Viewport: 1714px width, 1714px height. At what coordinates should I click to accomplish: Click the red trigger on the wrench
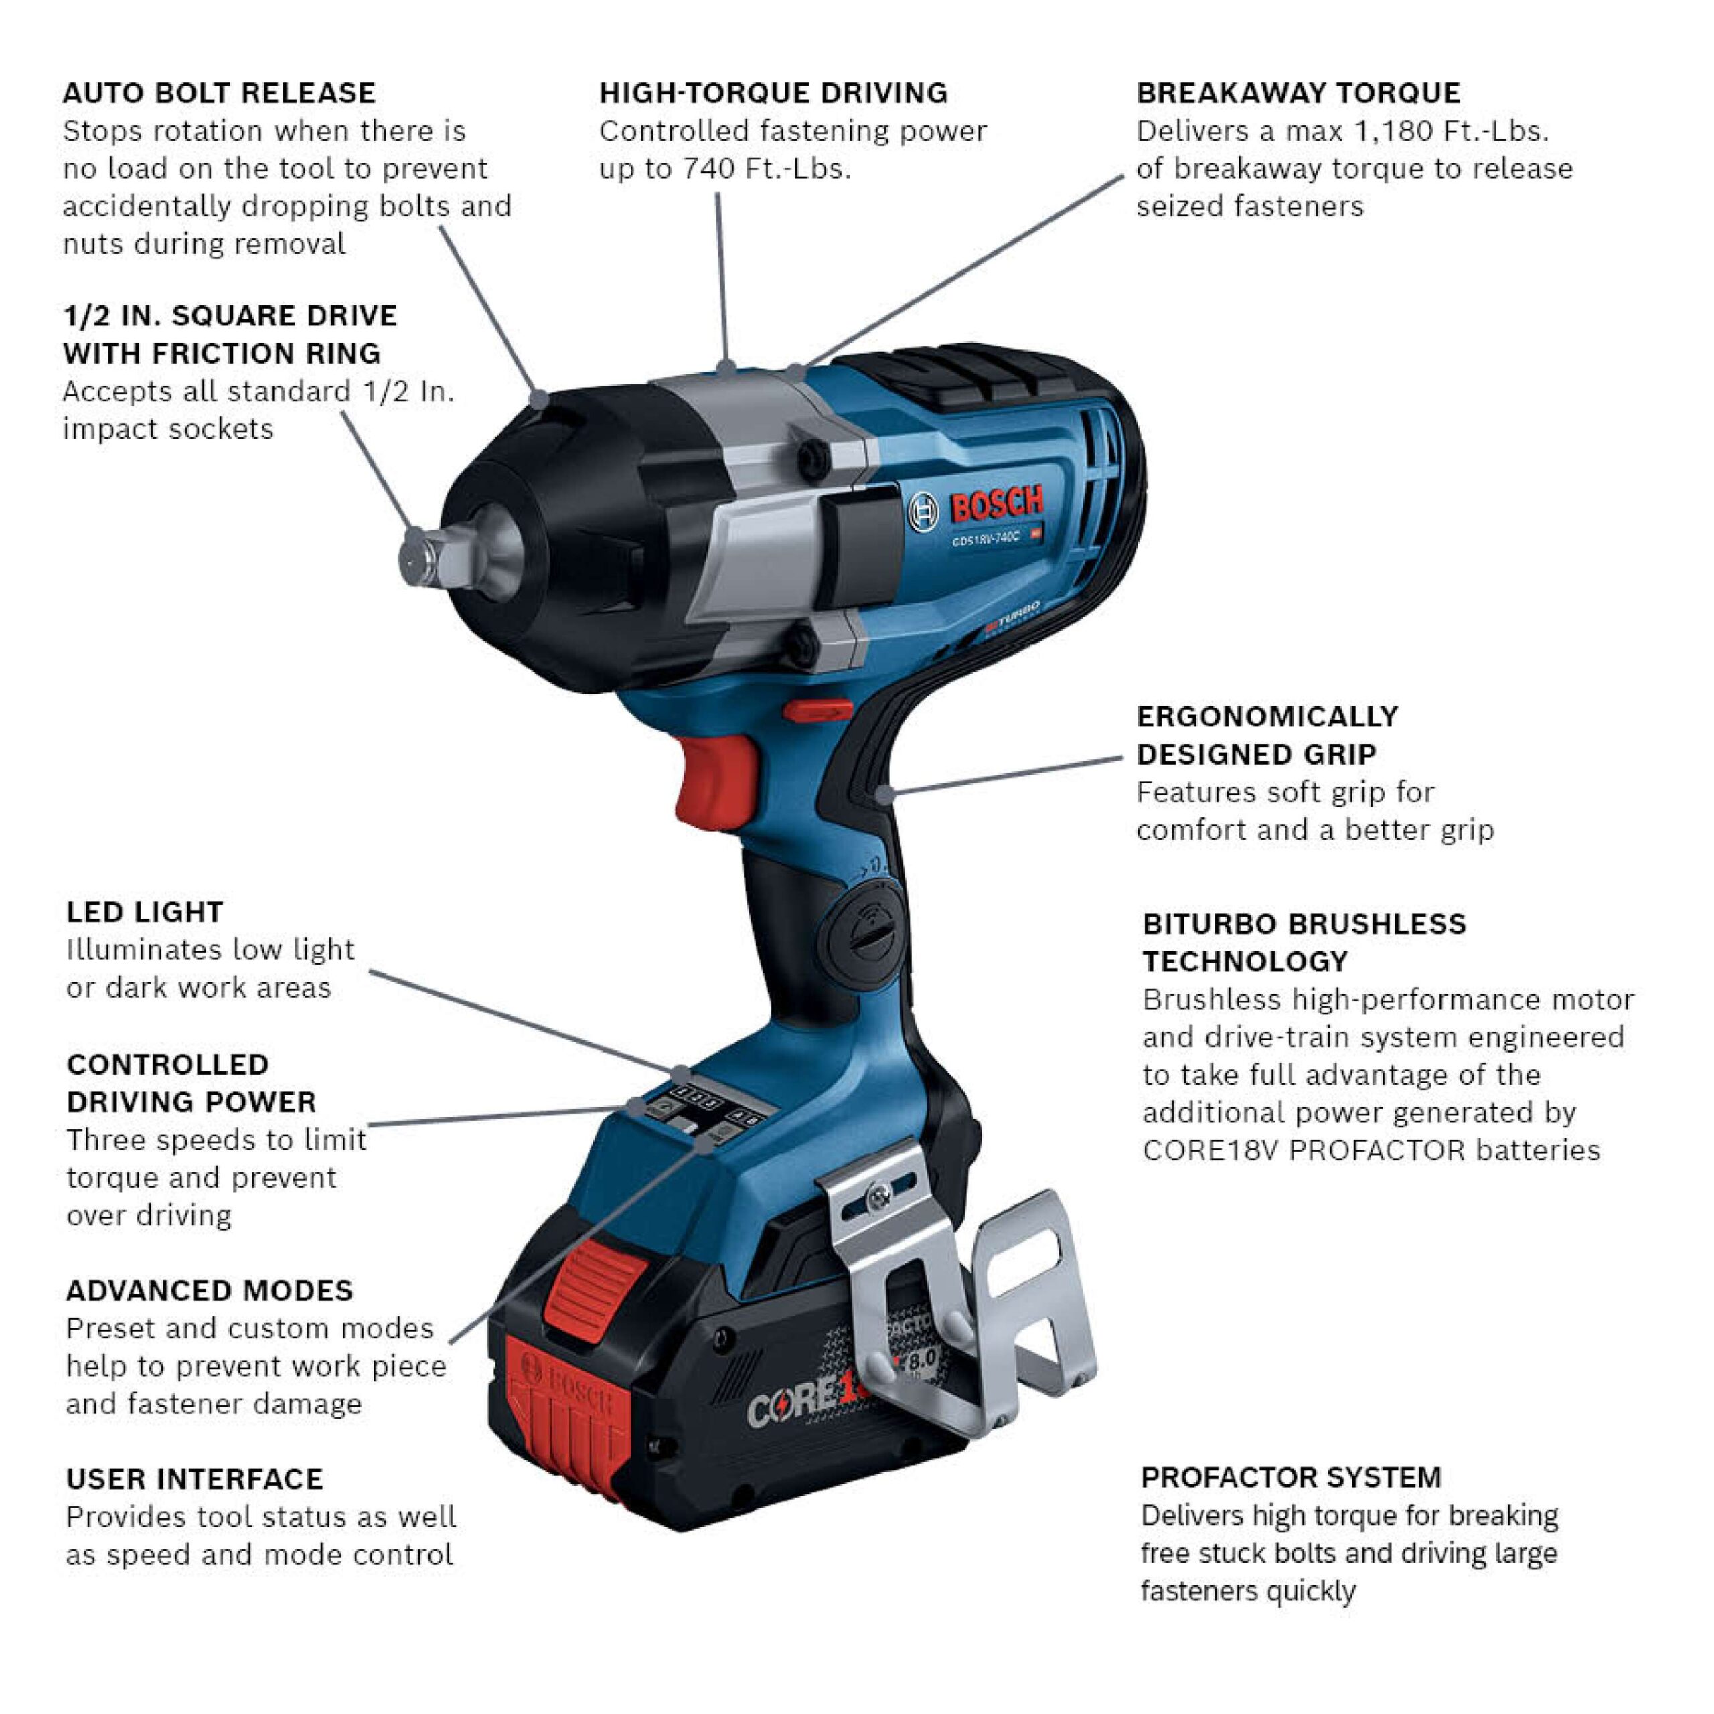(x=714, y=781)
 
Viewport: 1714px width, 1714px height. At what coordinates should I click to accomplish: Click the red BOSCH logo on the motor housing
(x=996, y=505)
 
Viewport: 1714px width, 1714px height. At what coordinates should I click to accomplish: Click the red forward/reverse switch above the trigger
(x=817, y=710)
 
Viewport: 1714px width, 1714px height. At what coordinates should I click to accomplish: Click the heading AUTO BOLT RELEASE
(x=219, y=93)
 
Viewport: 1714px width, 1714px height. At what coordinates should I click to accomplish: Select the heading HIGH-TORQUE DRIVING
(x=773, y=93)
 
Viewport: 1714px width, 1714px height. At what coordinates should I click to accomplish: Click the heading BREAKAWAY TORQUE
(x=1299, y=93)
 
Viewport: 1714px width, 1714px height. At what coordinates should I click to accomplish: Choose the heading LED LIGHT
(x=145, y=912)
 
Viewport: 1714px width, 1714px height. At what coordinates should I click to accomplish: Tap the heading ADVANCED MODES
(x=210, y=1291)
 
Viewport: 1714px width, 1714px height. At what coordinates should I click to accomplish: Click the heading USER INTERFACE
(x=194, y=1479)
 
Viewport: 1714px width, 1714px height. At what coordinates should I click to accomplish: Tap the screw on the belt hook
(x=879, y=1196)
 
